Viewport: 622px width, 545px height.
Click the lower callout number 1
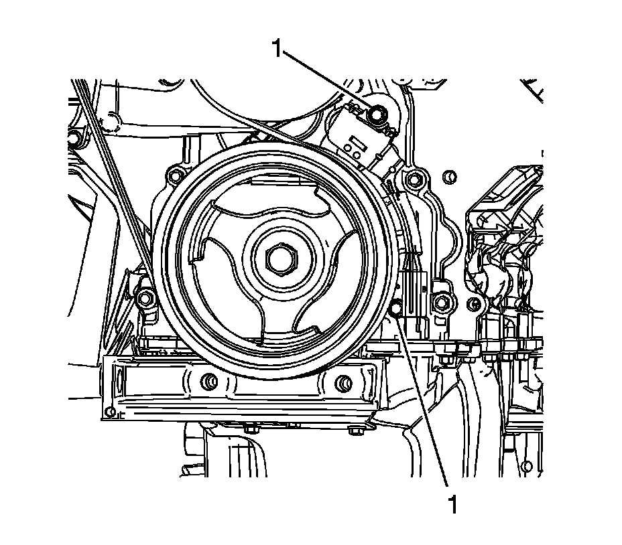pyautogui.click(x=454, y=503)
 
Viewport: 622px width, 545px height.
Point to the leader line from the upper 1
pyautogui.click(x=328, y=82)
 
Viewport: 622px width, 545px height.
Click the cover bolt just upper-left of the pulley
pyautogui.click(x=176, y=176)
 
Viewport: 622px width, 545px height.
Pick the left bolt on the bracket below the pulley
pyautogui.click(x=208, y=382)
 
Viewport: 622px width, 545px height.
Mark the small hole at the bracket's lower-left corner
pyautogui.click(x=111, y=410)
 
